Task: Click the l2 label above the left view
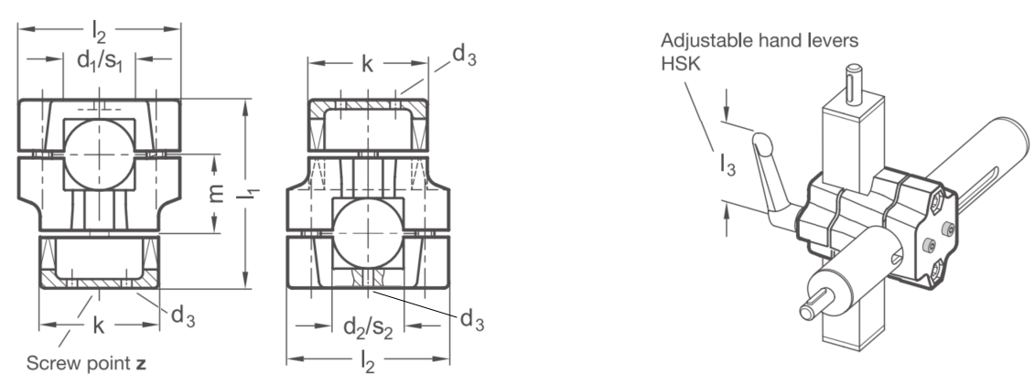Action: click(99, 31)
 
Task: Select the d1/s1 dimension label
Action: click(100, 60)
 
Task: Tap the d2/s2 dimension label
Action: click(368, 327)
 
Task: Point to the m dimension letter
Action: click(216, 193)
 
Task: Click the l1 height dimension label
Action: click(252, 193)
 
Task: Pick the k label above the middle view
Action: click(368, 64)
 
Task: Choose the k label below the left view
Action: click(99, 325)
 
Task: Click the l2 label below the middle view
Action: click(368, 361)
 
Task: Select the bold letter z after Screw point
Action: click(141, 364)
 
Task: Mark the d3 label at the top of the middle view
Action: click(464, 56)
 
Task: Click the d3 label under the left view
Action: click(183, 316)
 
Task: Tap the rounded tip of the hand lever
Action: click(761, 142)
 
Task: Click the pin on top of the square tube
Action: click(854, 82)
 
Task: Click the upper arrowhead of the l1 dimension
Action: click(246, 107)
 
